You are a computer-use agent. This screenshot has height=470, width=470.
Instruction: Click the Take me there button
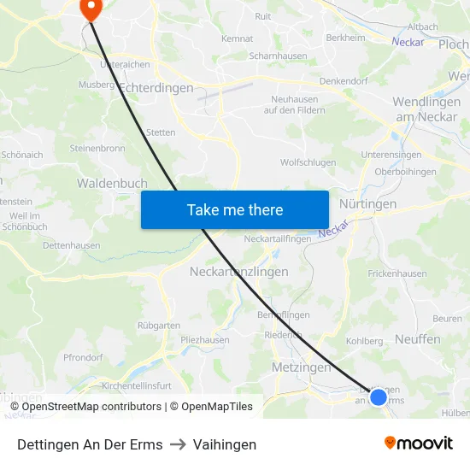tap(234, 209)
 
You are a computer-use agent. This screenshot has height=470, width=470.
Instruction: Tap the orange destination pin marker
tap(90, 8)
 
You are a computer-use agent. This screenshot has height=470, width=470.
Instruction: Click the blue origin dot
tap(379, 397)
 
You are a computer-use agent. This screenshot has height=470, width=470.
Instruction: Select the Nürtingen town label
tap(367, 204)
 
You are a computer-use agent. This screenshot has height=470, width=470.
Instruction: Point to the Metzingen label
tap(300, 367)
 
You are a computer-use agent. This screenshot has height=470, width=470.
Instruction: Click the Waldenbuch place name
tap(112, 183)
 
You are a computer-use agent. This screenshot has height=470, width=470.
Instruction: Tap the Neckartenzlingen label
tap(238, 271)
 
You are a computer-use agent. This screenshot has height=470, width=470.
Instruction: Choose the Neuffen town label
tap(418, 339)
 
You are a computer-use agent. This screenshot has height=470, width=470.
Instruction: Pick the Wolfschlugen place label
tap(308, 162)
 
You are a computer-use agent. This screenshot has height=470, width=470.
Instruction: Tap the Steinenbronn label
tap(98, 148)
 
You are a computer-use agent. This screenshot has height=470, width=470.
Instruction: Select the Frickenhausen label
tap(397, 274)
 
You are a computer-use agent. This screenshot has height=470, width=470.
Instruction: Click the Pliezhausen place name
tap(205, 339)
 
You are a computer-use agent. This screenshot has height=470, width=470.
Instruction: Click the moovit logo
tap(419, 443)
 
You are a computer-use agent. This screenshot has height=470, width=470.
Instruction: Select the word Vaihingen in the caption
tap(225, 444)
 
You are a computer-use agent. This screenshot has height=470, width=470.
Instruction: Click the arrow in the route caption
tap(178, 444)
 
